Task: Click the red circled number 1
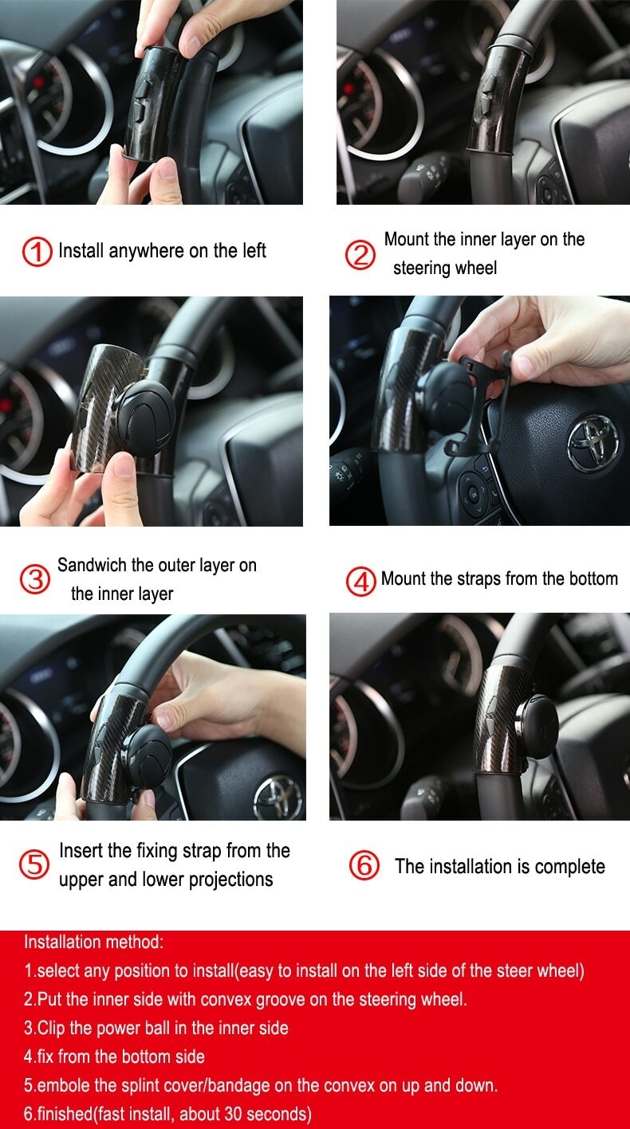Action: tap(37, 252)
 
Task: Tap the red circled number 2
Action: tap(360, 254)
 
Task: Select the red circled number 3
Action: tap(35, 579)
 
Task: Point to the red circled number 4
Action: tap(360, 581)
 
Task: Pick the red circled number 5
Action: tap(33, 864)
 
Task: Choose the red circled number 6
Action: tap(364, 865)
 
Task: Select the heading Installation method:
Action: tap(94, 942)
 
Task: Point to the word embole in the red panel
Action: tap(64, 1084)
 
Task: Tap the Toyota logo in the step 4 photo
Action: tap(593, 443)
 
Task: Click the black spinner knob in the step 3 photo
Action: tap(146, 418)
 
